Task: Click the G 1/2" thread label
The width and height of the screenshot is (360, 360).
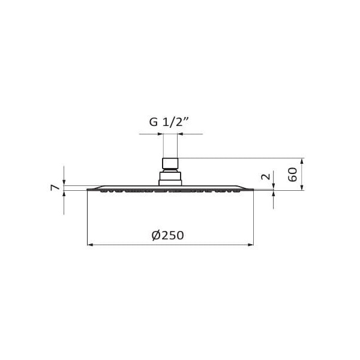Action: click(169, 122)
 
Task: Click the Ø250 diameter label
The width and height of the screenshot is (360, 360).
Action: click(168, 235)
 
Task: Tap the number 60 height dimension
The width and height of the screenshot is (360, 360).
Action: click(293, 175)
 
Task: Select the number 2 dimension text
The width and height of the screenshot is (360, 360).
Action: click(266, 176)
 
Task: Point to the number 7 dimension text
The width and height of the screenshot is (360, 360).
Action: click(55, 188)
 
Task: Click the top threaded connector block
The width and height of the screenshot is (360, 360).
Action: click(170, 163)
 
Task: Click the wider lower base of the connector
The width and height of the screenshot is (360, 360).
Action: click(170, 179)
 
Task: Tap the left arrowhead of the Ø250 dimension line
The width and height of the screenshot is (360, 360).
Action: click(90, 245)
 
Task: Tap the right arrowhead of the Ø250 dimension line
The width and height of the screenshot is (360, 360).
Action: click(251, 245)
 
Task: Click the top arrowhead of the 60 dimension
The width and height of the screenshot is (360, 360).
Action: click(302, 161)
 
